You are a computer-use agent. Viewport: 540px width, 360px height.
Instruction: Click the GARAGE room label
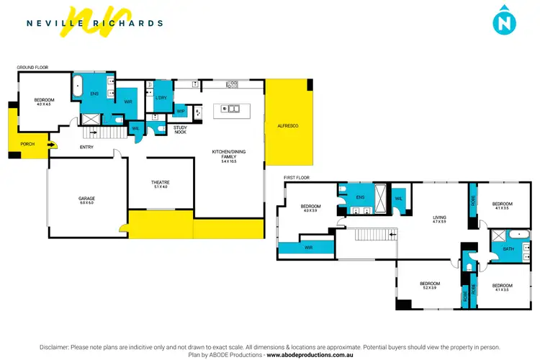pyautogui.click(x=87, y=198)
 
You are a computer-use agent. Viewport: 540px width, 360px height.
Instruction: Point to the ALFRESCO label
pyautogui.click(x=287, y=126)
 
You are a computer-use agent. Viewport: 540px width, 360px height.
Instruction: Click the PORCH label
pyautogui.click(x=27, y=144)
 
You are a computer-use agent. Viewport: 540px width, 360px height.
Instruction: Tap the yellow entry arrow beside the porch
pyautogui.click(x=50, y=144)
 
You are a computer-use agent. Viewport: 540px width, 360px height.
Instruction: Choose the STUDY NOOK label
pyautogui.click(x=180, y=130)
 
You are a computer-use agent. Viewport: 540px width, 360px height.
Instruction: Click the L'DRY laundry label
pyautogui.click(x=161, y=97)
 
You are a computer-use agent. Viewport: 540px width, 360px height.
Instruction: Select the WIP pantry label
pyautogui.click(x=181, y=112)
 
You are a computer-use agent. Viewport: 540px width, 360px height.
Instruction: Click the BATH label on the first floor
pyautogui.click(x=508, y=248)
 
